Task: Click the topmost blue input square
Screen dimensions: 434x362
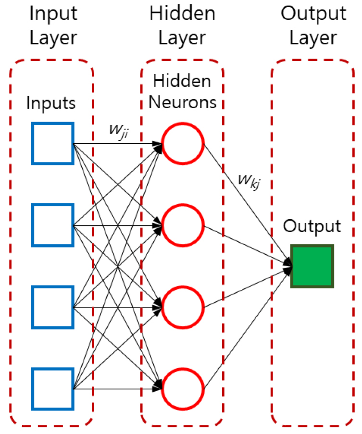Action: click(52, 143)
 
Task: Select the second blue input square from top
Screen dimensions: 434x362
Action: click(52, 225)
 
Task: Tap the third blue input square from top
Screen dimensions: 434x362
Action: click(52, 307)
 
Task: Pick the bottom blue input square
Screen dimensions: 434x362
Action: click(52, 388)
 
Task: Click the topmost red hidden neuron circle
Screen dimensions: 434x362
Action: click(183, 143)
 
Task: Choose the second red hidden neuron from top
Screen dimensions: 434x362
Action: click(183, 225)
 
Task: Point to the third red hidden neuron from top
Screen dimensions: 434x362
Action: click(183, 307)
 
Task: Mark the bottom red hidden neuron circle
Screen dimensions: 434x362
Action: click(183, 388)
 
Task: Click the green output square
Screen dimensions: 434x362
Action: click(312, 266)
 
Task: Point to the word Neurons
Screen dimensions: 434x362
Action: click(182, 102)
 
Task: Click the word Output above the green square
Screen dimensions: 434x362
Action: click(312, 226)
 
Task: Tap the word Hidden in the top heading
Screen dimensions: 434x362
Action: click(182, 14)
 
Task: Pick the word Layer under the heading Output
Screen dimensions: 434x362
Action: click(313, 38)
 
